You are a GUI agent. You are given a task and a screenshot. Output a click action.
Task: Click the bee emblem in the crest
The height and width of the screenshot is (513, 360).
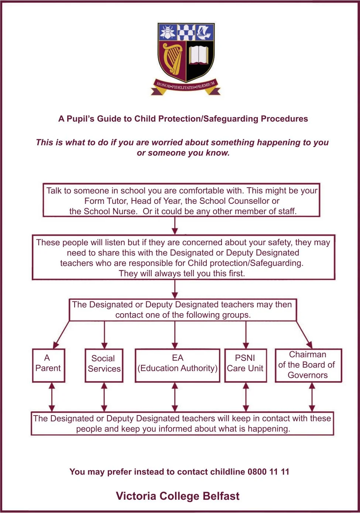point(168,33)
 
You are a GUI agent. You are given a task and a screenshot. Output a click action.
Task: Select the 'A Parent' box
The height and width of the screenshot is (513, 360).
point(48,365)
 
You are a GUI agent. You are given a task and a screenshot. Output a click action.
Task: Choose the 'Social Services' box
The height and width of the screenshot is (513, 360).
point(104,365)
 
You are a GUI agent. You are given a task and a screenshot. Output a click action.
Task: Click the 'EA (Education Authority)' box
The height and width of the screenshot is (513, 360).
point(177,365)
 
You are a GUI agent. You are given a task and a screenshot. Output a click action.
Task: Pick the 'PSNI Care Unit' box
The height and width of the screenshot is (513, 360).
point(246,365)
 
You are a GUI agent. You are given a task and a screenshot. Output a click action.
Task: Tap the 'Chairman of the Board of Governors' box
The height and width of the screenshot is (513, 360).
point(308,365)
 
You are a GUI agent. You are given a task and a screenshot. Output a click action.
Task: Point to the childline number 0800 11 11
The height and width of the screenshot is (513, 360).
point(268,472)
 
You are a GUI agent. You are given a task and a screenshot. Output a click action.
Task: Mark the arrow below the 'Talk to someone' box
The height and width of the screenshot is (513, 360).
point(175,225)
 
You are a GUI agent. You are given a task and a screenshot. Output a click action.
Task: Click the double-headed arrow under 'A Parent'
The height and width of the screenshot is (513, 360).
point(52,397)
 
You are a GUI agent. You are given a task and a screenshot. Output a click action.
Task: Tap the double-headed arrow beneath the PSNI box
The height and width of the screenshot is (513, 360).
point(246,397)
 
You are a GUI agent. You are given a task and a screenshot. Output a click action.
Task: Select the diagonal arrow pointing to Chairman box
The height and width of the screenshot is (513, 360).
point(305,335)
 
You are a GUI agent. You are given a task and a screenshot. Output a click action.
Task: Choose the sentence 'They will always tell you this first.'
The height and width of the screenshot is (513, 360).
point(182,274)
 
